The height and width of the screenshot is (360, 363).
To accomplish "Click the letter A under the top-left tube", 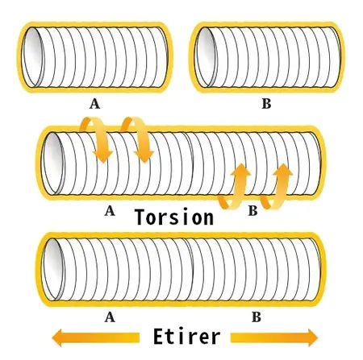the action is coord(94,104).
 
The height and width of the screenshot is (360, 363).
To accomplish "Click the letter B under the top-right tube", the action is coord(266,104).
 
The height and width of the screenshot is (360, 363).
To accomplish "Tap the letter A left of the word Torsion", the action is coord(110,211).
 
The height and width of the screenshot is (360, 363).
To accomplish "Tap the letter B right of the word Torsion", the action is coord(252,211).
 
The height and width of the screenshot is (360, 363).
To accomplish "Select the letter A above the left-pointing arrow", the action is coord(110,317).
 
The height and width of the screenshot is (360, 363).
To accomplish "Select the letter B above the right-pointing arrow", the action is coord(257,317).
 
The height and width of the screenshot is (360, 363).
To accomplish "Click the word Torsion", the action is coord(175,217).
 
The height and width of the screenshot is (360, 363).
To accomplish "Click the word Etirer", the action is coord(186,337).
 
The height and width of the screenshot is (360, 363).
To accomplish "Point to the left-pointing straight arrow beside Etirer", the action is coord(95,337).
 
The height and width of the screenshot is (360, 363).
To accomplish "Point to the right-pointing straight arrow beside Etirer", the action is coord(274,337).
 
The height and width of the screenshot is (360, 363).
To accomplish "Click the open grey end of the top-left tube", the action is coord(33,57).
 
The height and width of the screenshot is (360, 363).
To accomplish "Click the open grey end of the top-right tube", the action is coord(205,57).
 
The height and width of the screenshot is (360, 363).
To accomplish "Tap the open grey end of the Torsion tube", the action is coord(54,163).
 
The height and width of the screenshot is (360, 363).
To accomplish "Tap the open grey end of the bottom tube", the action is coord(54,269).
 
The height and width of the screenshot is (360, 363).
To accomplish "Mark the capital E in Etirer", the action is coord(159,337).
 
